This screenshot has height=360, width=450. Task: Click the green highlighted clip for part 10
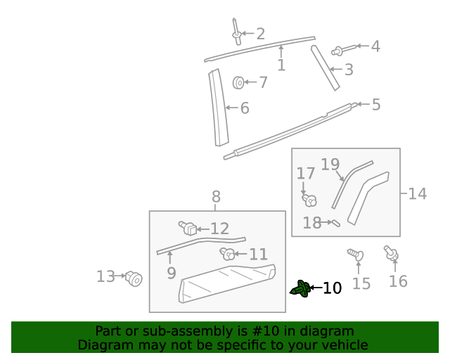pyautogui.click(x=301, y=288)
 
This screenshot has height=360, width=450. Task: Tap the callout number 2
pyautogui.click(x=260, y=33)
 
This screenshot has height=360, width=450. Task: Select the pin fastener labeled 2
pyautogui.click(x=236, y=31)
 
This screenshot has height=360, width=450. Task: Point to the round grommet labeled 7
pyautogui.click(x=239, y=83)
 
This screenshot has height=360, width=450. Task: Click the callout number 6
pyautogui.click(x=245, y=108)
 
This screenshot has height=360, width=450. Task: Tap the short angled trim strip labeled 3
pyautogui.click(x=326, y=67)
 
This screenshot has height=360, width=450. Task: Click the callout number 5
pyautogui.click(x=376, y=105)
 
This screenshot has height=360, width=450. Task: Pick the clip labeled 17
pyautogui.click(x=308, y=200)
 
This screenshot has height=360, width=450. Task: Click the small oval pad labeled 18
pyautogui.click(x=335, y=224)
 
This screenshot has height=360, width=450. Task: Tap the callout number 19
pyautogui.click(x=330, y=165)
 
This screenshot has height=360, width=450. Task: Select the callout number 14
pyautogui.click(x=417, y=193)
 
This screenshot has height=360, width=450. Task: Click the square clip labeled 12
pyautogui.click(x=188, y=228)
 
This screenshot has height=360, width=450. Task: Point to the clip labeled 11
pyautogui.click(x=227, y=254)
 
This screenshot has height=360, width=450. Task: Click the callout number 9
pyautogui.click(x=172, y=273)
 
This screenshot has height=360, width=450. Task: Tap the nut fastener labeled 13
pyautogui.click(x=134, y=279)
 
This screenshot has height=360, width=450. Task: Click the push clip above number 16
pyautogui.click(x=390, y=252)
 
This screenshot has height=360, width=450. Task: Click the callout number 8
pyautogui.click(x=216, y=197)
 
